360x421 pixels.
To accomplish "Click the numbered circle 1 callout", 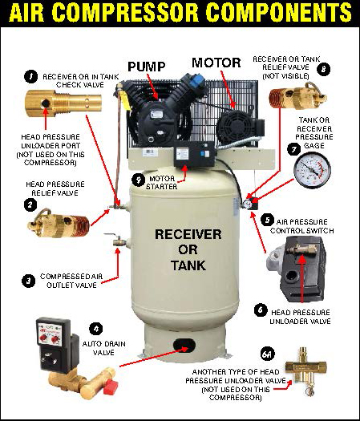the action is click(x=31, y=76).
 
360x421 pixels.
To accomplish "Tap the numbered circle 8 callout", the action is click(x=323, y=70).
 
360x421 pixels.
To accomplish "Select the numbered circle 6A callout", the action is click(x=268, y=354).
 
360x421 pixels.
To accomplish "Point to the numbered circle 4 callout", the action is click(x=96, y=328).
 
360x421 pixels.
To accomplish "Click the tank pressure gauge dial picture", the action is click(x=312, y=169).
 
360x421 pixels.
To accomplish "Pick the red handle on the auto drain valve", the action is click(x=111, y=387).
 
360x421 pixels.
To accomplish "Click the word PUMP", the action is click(x=147, y=67).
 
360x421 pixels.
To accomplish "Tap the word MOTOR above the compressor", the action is click(x=216, y=63).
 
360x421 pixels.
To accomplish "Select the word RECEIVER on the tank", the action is click(x=188, y=234).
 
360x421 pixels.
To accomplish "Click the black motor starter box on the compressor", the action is click(x=194, y=153).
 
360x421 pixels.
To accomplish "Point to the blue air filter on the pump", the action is click(x=196, y=79).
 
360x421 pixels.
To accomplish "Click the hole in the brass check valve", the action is click(x=46, y=103).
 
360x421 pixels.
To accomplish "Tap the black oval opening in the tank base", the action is click(x=184, y=346).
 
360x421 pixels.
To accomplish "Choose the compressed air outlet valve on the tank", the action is click(x=118, y=241).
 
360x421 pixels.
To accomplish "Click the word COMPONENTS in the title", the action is click(x=278, y=13).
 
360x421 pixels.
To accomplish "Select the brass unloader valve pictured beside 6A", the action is click(x=306, y=370).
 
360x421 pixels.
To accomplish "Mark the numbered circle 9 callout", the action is click(x=139, y=180).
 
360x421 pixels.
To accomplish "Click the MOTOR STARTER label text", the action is click(x=162, y=183).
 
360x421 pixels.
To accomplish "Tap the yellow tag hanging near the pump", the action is click(x=125, y=100).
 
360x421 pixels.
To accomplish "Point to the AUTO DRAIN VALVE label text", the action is click(x=103, y=348).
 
